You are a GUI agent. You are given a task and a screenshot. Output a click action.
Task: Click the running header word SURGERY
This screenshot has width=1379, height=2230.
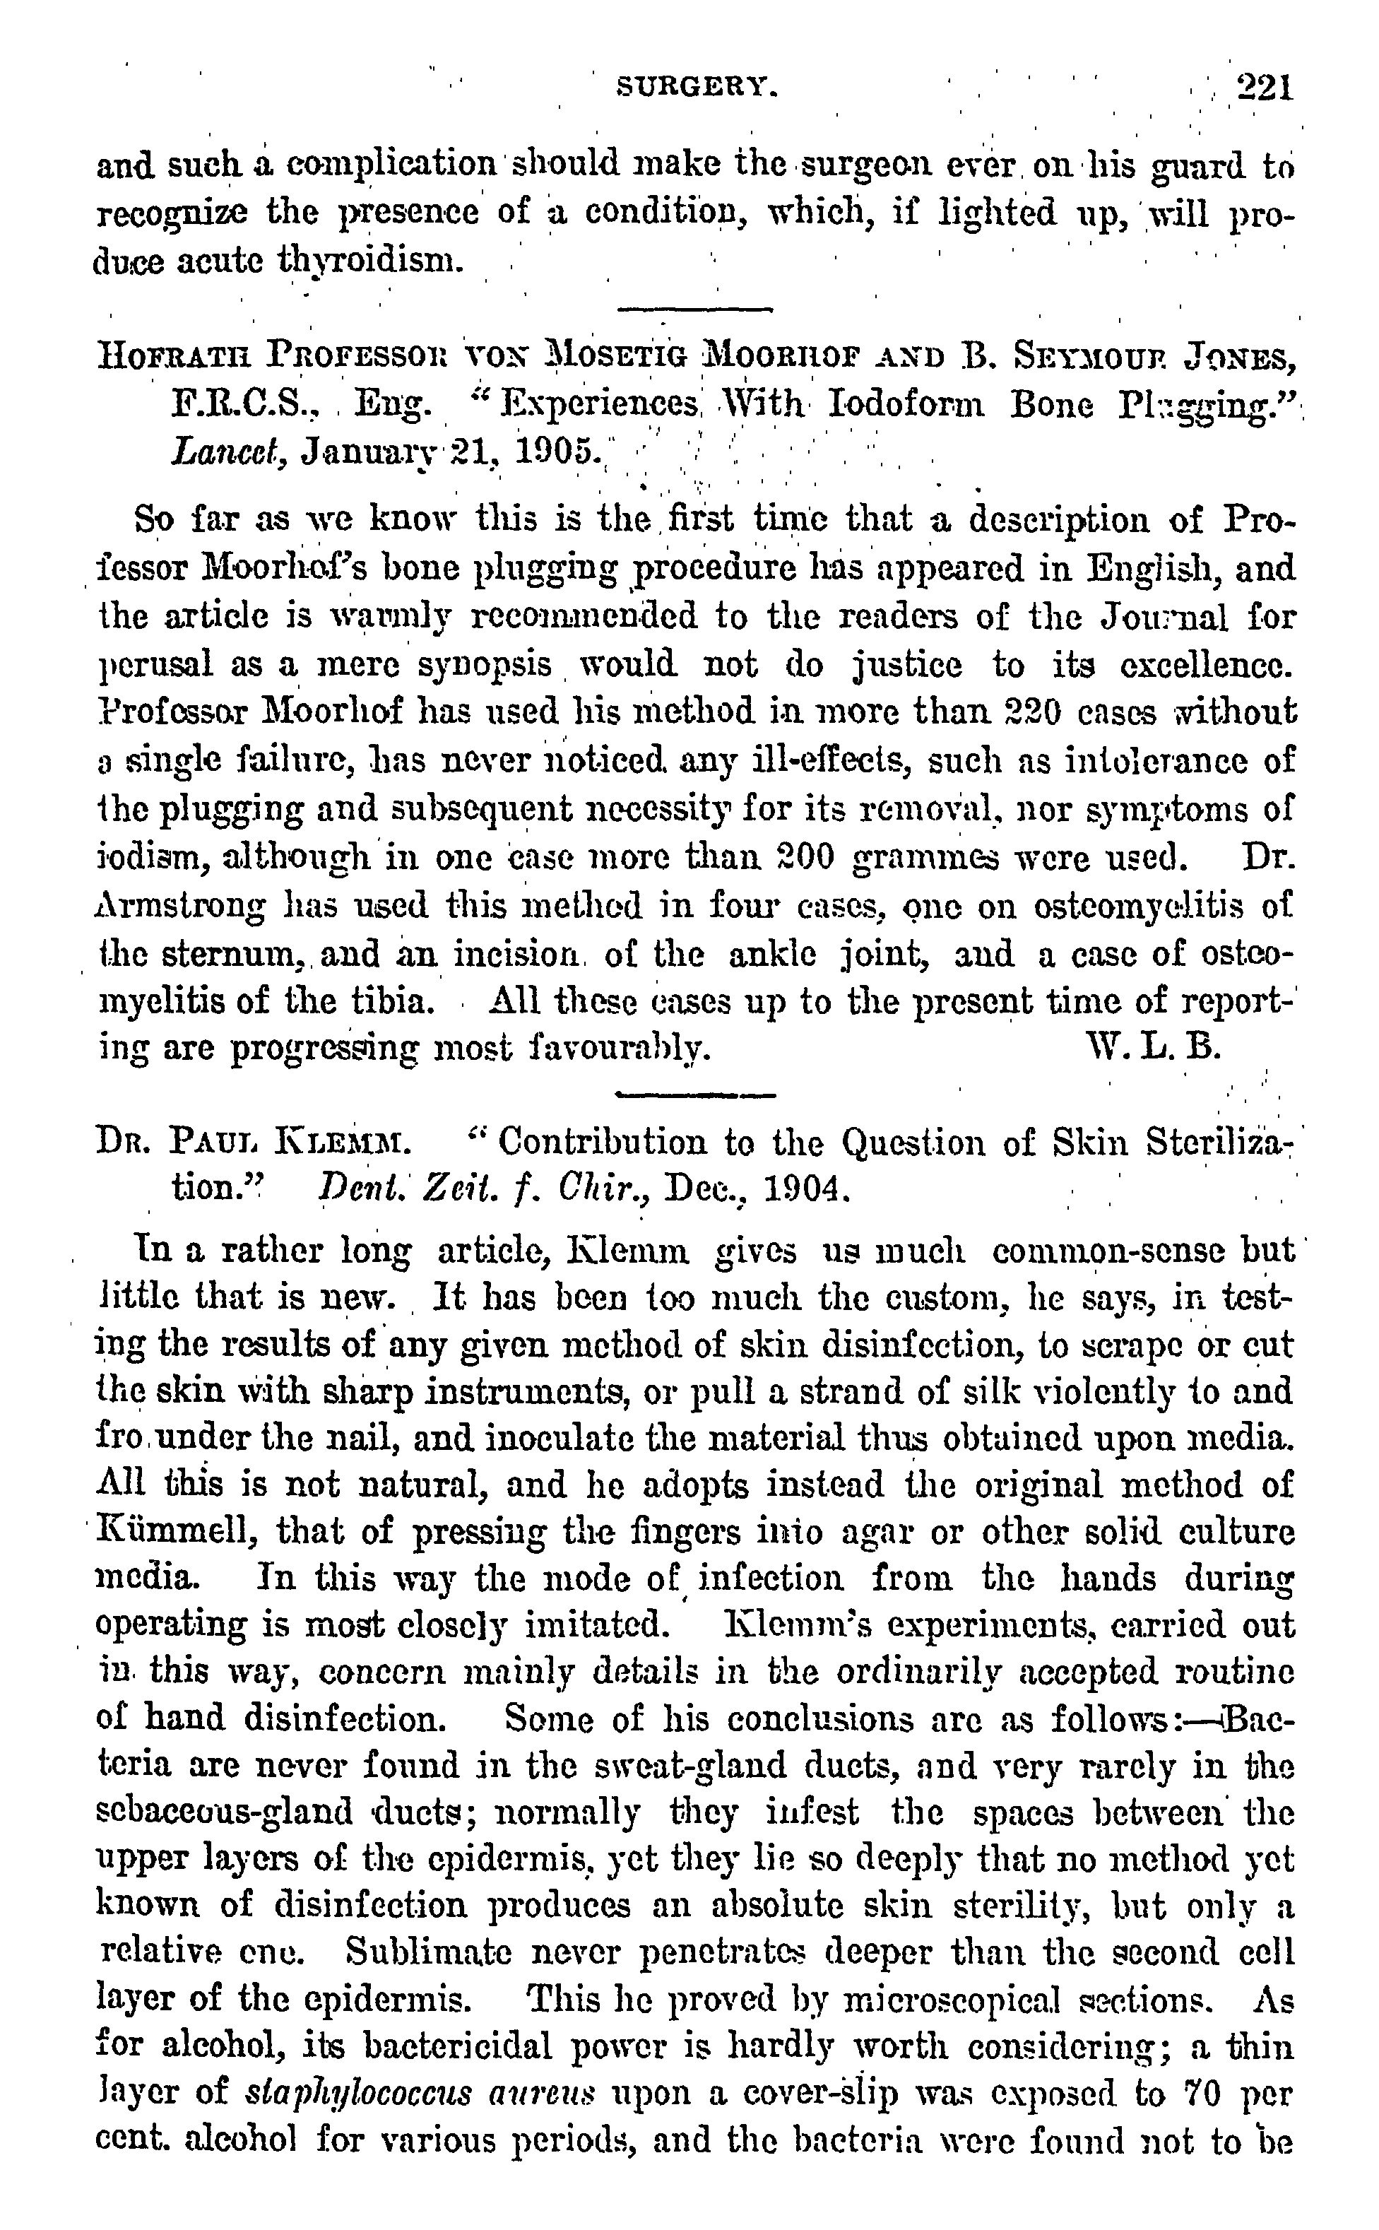point(698,88)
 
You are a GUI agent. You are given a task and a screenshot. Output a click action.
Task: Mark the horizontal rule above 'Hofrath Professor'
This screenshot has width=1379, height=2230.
point(695,310)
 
